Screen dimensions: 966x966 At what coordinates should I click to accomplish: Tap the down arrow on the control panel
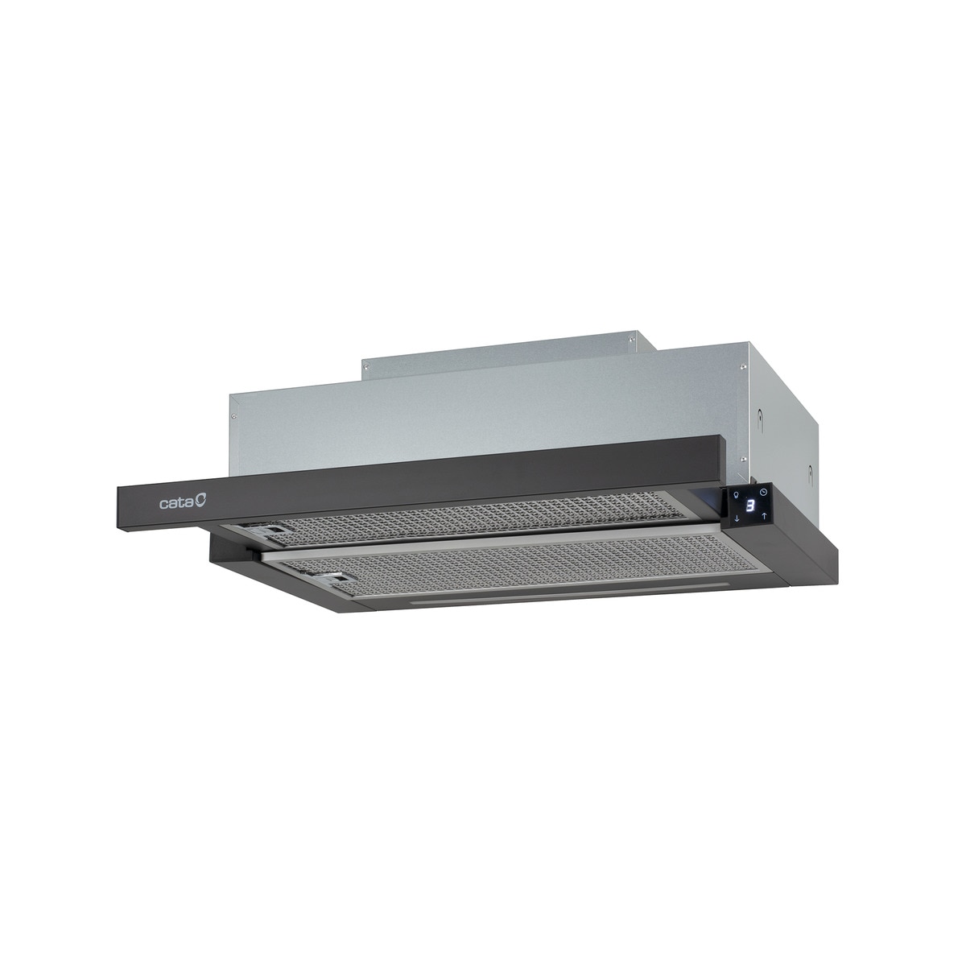pyautogui.click(x=737, y=520)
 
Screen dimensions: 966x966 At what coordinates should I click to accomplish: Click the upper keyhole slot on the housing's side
pyautogui.click(x=758, y=417)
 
